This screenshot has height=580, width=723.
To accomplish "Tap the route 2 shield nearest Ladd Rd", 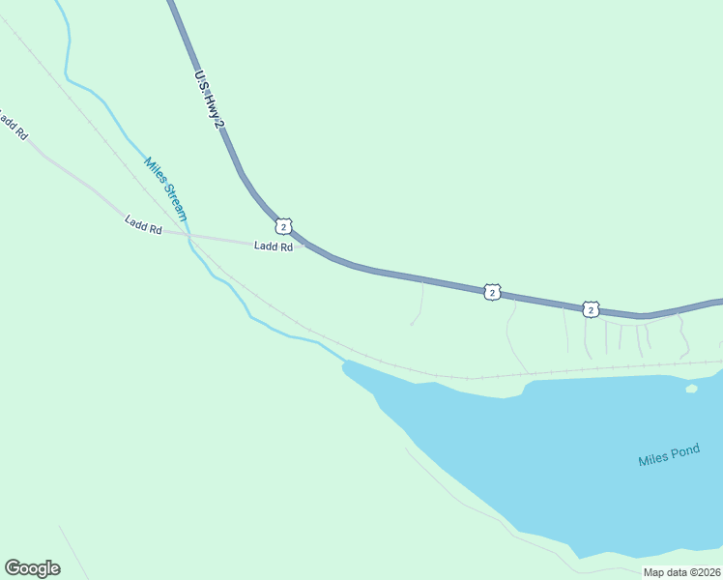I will pyautogui.click(x=282, y=226).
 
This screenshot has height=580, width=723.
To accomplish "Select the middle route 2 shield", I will pyautogui.click(x=492, y=291).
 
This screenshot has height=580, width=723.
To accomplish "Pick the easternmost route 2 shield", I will pyautogui.click(x=590, y=308).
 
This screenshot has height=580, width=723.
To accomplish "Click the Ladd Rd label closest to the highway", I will pyautogui.click(x=273, y=246).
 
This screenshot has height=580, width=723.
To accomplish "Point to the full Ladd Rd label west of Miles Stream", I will pyautogui.click(x=143, y=225).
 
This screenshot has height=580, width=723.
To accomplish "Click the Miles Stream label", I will pyautogui.click(x=165, y=188).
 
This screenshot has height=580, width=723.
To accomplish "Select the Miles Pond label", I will pyautogui.click(x=669, y=457).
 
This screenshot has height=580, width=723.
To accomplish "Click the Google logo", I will pyautogui.click(x=32, y=568).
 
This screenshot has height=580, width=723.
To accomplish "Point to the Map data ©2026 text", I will pyautogui.click(x=681, y=572).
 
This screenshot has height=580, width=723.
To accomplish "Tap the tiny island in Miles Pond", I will pyautogui.click(x=691, y=389).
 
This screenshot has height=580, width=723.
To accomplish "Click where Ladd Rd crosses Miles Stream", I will pyautogui.click(x=188, y=235).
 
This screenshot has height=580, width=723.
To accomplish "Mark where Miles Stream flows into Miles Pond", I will pyautogui.click(x=344, y=362).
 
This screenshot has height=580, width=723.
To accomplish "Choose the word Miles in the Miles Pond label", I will pyautogui.click(x=652, y=460).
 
